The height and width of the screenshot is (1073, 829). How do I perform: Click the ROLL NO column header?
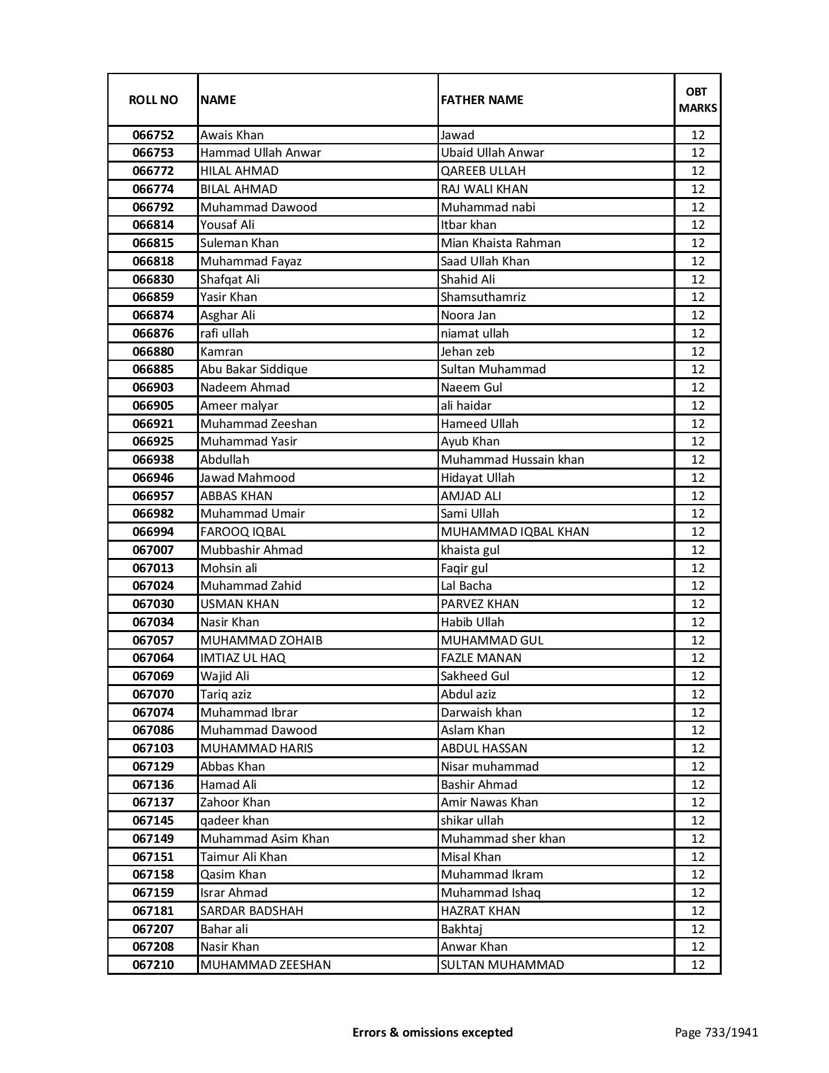[x=153, y=99]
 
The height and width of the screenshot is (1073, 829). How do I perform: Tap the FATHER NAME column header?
[x=482, y=99]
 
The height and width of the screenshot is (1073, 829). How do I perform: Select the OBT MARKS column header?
[x=698, y=99]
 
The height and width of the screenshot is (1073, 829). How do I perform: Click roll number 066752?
[x=153, y=135]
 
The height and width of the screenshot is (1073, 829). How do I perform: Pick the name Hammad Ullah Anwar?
[x=261, y=153]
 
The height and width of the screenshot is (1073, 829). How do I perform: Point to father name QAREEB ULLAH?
[x=483, y=171]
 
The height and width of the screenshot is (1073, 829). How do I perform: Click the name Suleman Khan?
[x=239, y=243]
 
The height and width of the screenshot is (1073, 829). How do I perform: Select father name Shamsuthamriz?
[x=483, y=297]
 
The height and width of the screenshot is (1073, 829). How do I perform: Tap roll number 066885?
[x=153, y=369]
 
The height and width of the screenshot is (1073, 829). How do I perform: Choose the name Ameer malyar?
[x=239, y=406]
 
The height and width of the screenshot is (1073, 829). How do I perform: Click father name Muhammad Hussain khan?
[x=512, y=460]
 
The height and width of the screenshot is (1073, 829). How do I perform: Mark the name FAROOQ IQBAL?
[x=243, y=532]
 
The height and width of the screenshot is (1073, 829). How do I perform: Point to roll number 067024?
[x=153, y=586]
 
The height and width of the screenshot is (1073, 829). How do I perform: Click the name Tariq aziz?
[x=226, y=695]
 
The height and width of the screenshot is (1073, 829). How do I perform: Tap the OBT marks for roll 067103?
[x=698, y=748]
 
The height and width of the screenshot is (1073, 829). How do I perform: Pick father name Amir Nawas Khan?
[x=490, y=802]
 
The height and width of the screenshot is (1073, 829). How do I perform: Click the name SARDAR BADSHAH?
[x=252, y=911]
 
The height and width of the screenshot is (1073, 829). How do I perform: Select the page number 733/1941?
[x=716, y=1032]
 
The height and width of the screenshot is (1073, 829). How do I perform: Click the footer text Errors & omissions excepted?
[x=432, y=1032]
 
